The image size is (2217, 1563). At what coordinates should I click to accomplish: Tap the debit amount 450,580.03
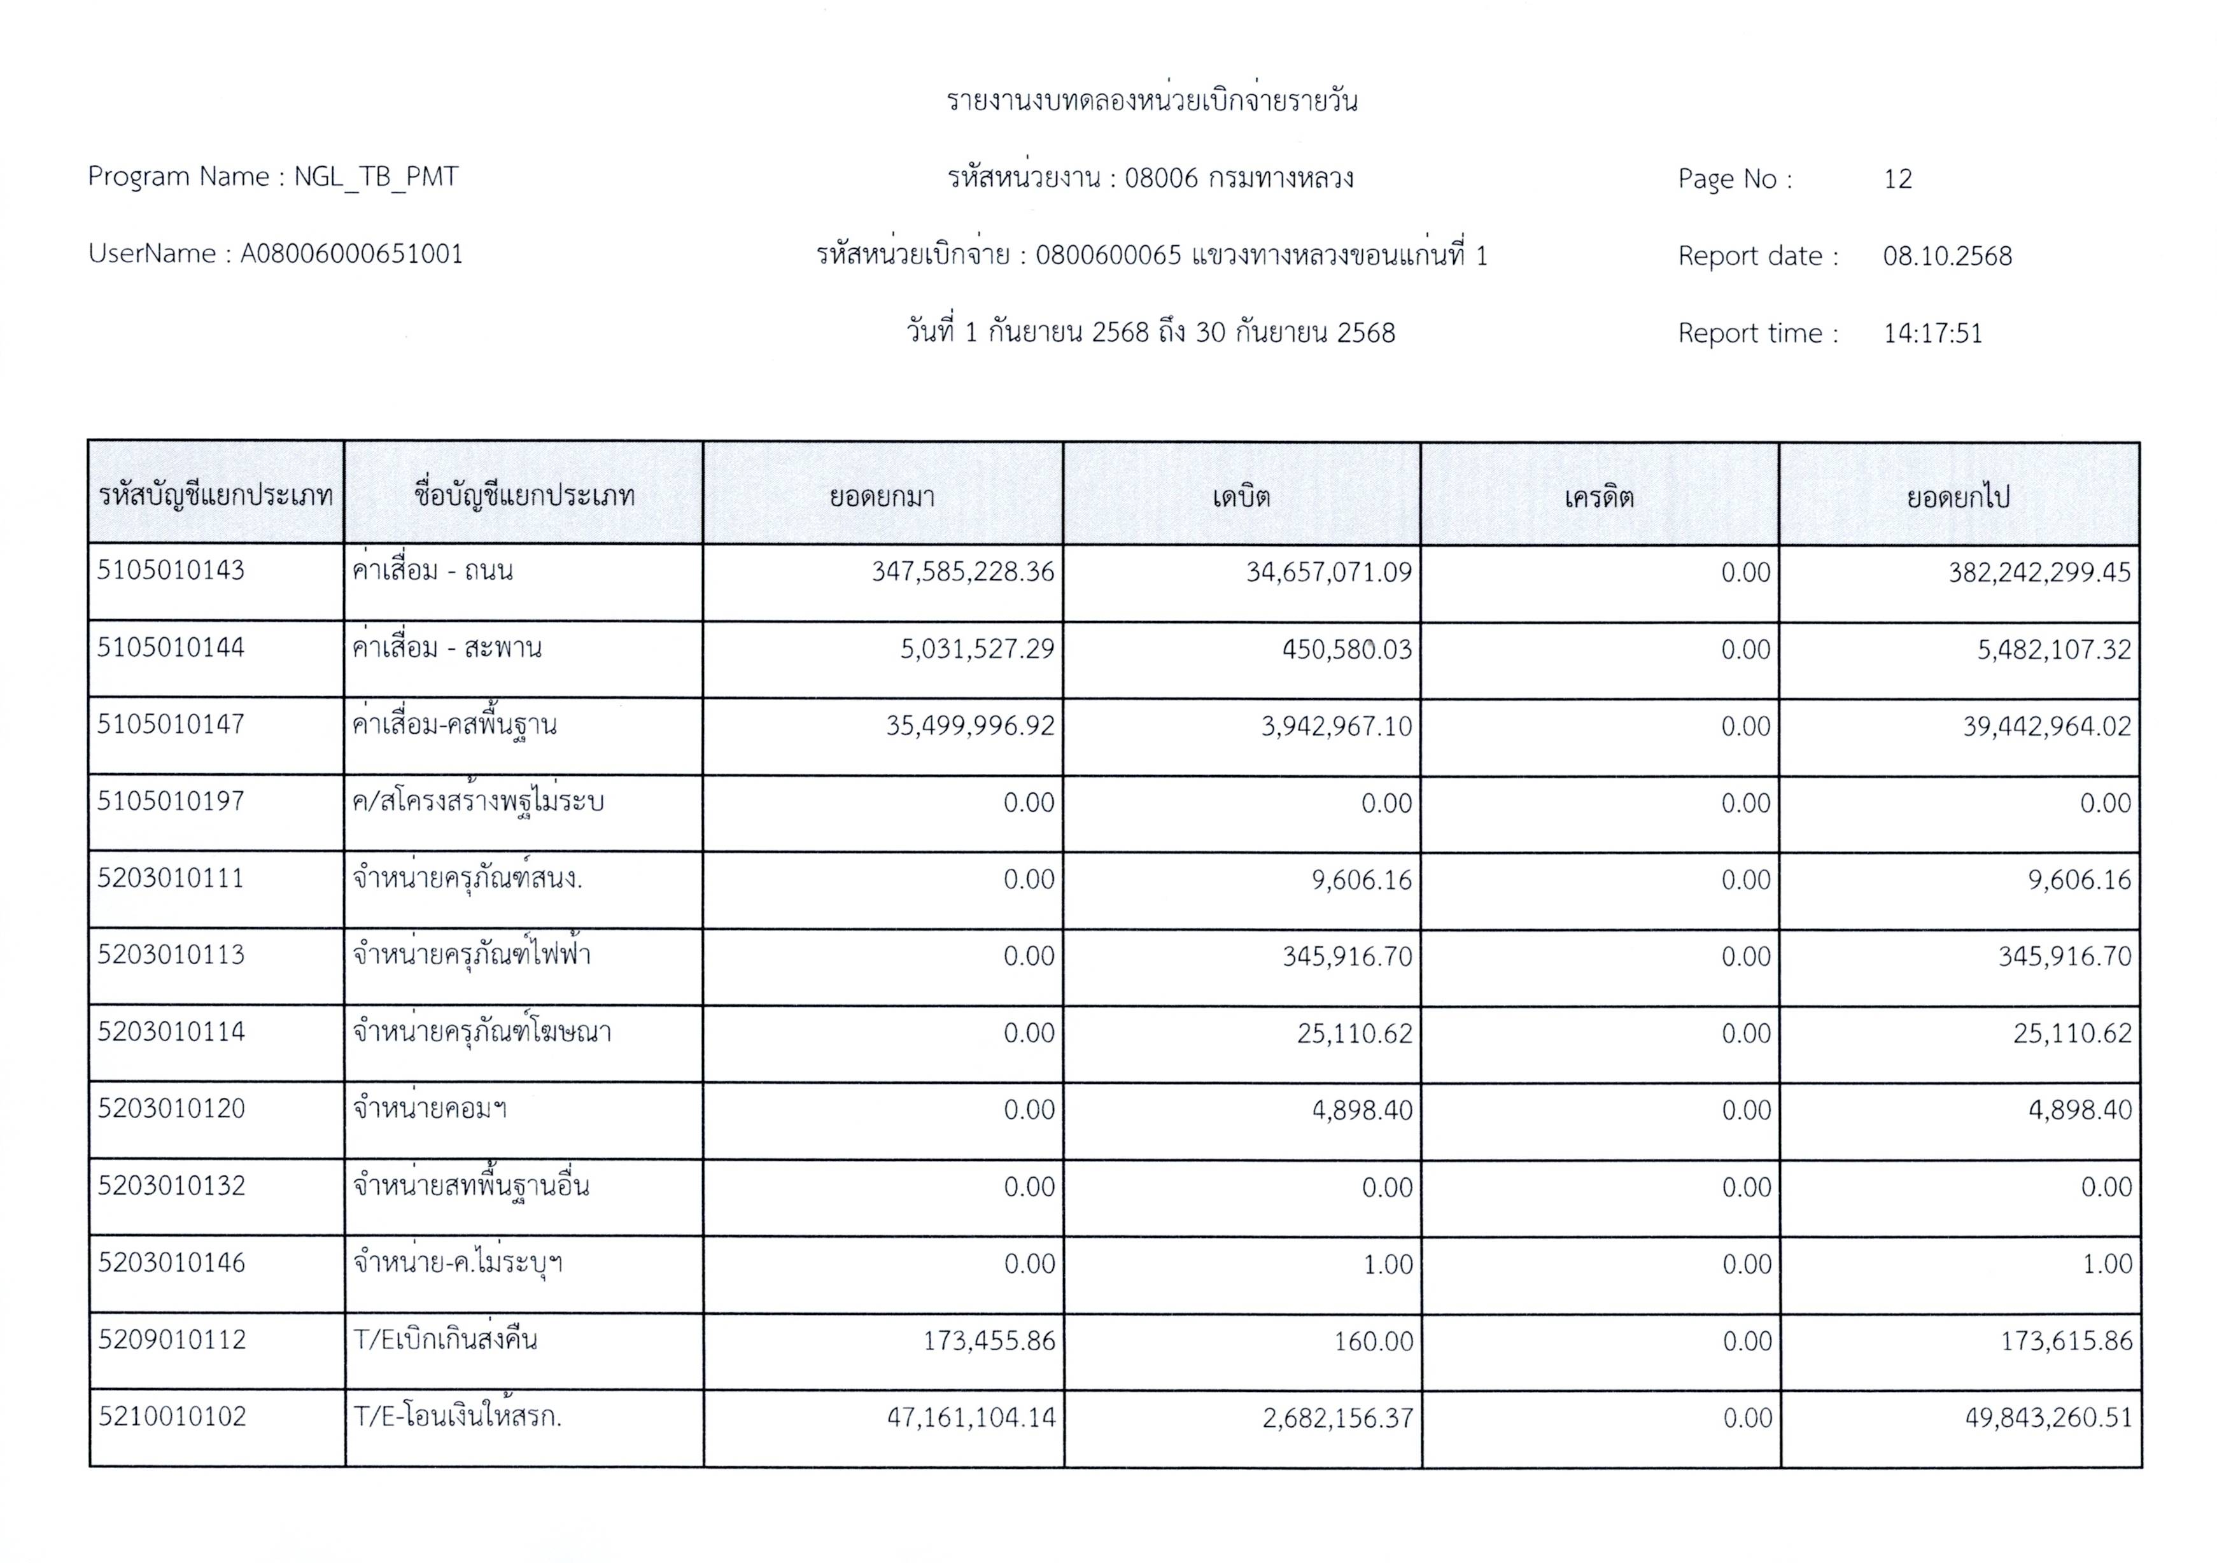pyautogui.click(x=1346, y=650)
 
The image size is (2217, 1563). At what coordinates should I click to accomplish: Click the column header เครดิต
pyautogui.click(x=1599, y=497)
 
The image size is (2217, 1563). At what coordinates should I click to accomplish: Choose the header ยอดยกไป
pyautogui.click(x=1957, y=497)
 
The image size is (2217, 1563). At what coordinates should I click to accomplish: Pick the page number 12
pyautogui.click(x=1897, y=179)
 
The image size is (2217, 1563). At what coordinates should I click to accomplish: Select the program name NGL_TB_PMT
pyautogui.click(x=376, y=177)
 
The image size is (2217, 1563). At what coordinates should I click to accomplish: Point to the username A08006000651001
pyautogui.click(x=351, y=254)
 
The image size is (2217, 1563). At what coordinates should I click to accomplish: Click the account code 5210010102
pyautogui.click(x=172, y=1416)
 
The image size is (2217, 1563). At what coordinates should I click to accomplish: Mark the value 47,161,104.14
pyautogui.click(x=971, y=1417)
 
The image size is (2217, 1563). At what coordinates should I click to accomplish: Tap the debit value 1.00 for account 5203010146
pyautogui.click(x=1388, y=1265)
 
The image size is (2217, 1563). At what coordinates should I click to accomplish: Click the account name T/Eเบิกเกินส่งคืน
pyautogui.click(x=445, y=1340)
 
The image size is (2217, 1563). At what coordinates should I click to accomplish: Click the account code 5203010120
pyautogui.click(x=171, y=1108)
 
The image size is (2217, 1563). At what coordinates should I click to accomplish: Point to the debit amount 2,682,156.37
pyautogui.click(x=1337, y=1418)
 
